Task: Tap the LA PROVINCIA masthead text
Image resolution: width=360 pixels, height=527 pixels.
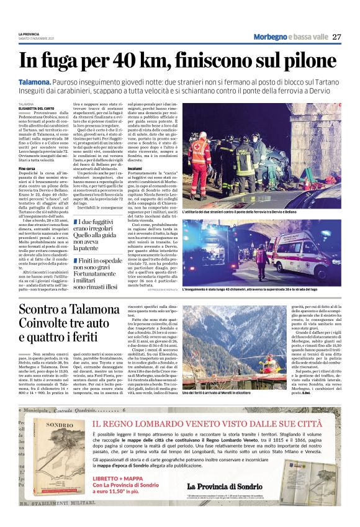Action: pyautogui.click(x=29, y=34)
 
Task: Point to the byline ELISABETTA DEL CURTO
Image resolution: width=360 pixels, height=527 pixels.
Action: pyautogui.click(x=36, y=109)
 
